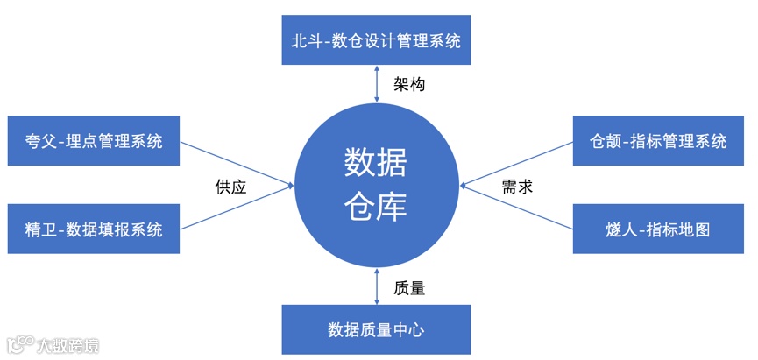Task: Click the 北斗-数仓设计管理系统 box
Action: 376,40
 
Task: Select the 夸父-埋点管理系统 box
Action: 94,141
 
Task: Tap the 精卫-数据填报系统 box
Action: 94,229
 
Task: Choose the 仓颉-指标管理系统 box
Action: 658,141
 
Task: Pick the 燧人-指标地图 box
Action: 658,229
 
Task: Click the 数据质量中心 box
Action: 376,329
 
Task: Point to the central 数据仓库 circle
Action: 376,185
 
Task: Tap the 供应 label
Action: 230,187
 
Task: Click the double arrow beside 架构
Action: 376,86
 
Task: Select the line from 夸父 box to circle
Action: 237,163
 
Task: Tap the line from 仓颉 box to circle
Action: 517,163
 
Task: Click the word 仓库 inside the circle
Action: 376,208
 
